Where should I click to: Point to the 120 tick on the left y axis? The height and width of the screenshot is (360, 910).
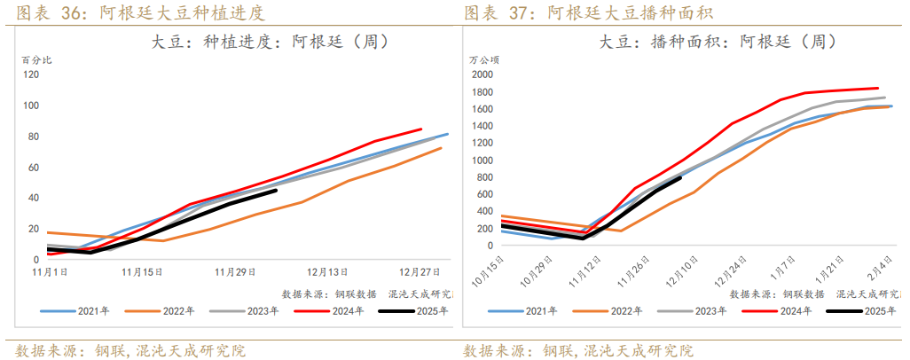(31, 74)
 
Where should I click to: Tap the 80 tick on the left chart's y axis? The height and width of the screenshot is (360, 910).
(33, 136)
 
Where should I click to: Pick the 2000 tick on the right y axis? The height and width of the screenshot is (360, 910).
(481, 74)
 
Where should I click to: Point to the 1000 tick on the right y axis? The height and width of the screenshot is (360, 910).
(481, 160)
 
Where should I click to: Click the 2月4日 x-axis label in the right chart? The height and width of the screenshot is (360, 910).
(877, 267)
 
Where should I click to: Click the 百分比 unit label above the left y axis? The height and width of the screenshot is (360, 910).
(36, 59)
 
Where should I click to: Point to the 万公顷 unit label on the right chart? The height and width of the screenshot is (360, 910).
(484, 59)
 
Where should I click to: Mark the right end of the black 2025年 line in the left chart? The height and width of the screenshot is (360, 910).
(276, 190)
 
